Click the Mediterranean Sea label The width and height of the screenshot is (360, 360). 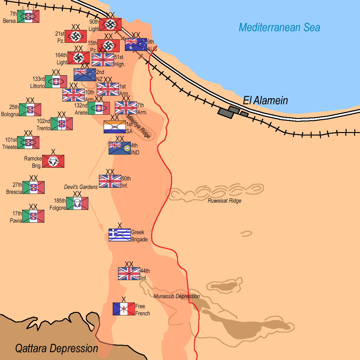279,27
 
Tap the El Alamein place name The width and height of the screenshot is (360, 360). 265,101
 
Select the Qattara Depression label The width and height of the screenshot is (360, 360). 57,348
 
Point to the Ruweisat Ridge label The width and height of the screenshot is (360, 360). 224,201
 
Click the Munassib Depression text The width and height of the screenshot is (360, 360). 177,296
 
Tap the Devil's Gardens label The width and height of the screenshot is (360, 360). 81,187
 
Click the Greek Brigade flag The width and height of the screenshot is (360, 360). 120,235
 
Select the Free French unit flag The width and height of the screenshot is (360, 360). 124,309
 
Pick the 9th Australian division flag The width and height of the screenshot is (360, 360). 136,44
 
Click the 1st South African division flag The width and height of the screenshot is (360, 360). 115,127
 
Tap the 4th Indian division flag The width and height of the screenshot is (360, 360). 120,148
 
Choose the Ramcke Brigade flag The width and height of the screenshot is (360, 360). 53,161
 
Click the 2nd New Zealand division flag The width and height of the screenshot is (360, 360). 85,75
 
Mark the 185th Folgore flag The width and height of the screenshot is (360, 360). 77,203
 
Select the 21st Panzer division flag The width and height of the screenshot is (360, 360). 76,36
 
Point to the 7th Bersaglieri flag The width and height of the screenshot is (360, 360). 28,16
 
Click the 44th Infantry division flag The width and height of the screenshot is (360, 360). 129,274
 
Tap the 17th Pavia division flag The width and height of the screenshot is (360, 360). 33,216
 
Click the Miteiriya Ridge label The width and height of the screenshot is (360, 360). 138,126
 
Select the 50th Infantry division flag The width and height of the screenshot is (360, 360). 110,181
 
